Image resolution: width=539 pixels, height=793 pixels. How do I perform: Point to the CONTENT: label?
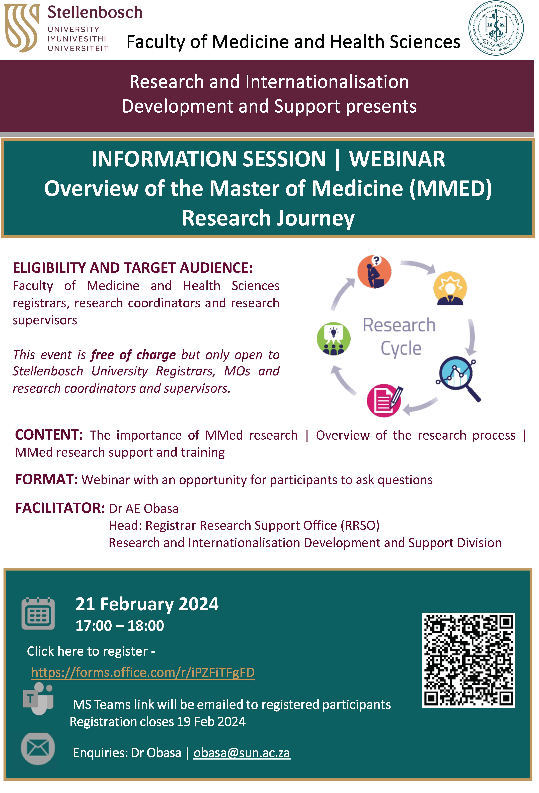[49, 435]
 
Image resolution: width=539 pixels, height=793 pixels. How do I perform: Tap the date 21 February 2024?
[147, 604]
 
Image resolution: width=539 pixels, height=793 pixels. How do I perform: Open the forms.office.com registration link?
[143, 673]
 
